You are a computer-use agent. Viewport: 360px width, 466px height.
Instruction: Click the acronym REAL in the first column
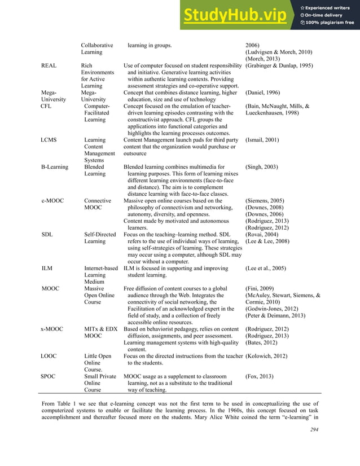[49, 66]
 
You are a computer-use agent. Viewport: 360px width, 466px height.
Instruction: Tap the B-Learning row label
[55, 167]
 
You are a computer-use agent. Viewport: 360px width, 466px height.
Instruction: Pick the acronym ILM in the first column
[47, 269]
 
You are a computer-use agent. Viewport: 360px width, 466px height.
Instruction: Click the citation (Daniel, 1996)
[262, 93]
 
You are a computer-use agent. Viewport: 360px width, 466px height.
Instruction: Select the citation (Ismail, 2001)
[262, 139]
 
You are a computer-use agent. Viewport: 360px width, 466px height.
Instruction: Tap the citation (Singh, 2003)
[261, 167]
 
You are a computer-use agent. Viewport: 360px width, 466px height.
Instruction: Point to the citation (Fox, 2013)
[258, 376]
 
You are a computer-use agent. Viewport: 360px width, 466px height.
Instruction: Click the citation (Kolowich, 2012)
[266, 356]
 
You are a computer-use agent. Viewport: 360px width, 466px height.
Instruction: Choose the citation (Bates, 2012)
[260, 342]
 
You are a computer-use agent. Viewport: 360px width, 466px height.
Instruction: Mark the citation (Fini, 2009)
[259, 288]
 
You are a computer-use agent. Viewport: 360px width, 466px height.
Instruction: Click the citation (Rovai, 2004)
[262, 235]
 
